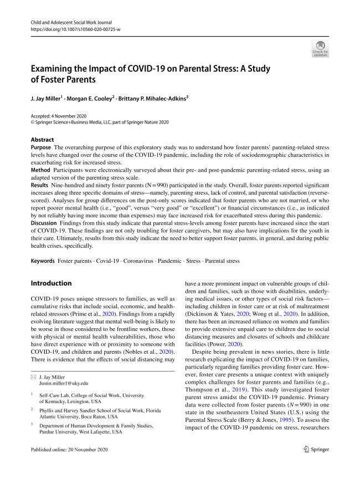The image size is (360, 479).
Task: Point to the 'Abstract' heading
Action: click(43, 140)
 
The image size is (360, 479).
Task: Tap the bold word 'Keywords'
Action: click(43, 259)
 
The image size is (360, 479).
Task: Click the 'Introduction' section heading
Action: click(52, 283)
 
